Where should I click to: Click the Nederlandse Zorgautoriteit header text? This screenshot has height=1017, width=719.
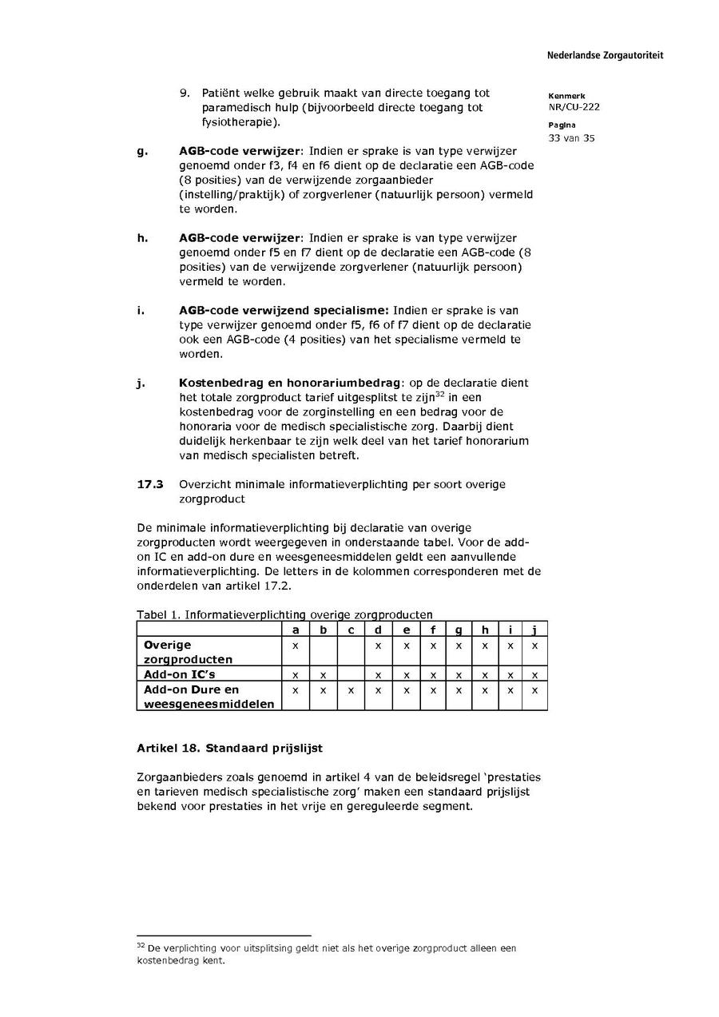[x=605, y=55]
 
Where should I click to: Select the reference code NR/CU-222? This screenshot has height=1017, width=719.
[x=574, y=107]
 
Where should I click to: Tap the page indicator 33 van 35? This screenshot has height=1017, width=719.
[x=572, y=138]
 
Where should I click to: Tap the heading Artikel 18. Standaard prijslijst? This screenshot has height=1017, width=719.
[x=229, y=749]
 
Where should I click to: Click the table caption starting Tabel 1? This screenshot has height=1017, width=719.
[x=285, y=614]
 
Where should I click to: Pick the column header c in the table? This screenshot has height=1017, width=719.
[x=351, y=630]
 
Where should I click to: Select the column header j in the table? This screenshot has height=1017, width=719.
[x=534, y=630]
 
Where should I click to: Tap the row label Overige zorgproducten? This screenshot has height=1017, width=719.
[x=188, y=652]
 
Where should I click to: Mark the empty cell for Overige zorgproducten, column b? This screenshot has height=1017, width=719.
[x=323, y=652]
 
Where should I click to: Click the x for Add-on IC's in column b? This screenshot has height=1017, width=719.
[x=323, y=675]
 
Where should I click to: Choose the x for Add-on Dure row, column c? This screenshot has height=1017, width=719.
[x=351, y=689]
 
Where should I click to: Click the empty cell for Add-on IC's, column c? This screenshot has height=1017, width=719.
[x=351, y=674]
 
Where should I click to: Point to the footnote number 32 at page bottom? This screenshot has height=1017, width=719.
[x=141, y=945]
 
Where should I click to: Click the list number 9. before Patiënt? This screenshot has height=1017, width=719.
[x=185, y=93]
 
